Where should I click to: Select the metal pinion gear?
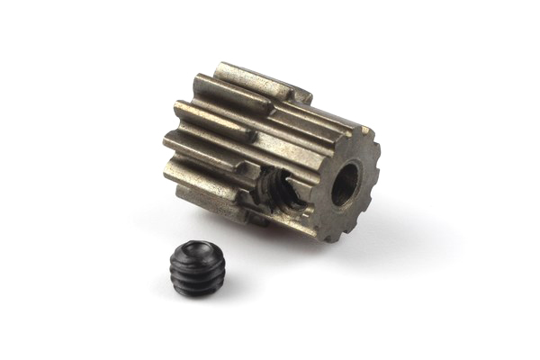(x=270, y=153)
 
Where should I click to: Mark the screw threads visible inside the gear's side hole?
(x=275, y=198)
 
